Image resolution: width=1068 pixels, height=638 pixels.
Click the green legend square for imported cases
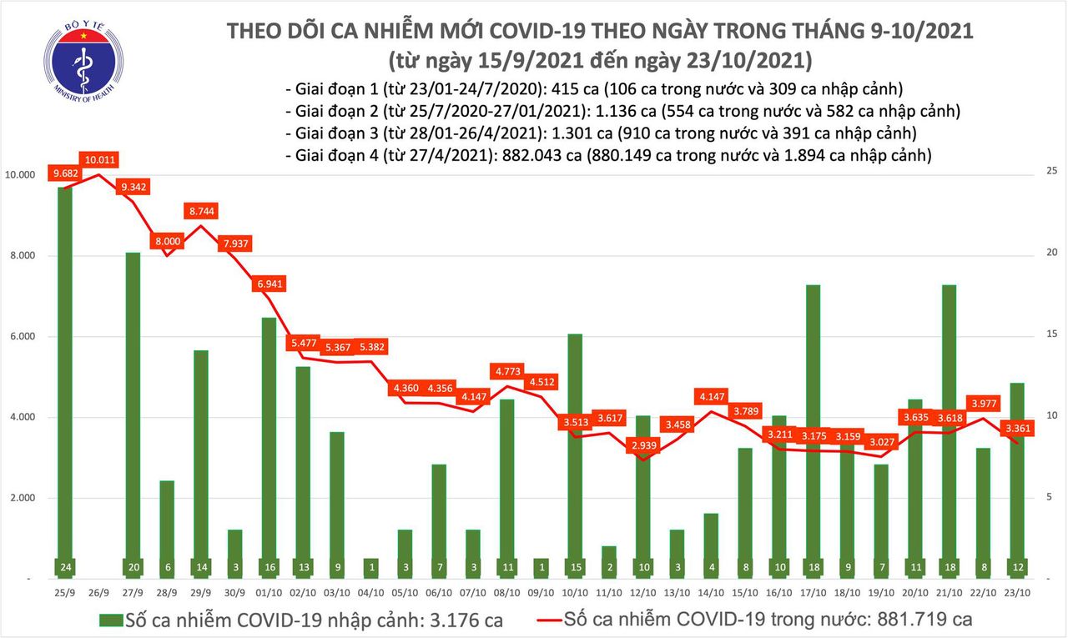point(109,620)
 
